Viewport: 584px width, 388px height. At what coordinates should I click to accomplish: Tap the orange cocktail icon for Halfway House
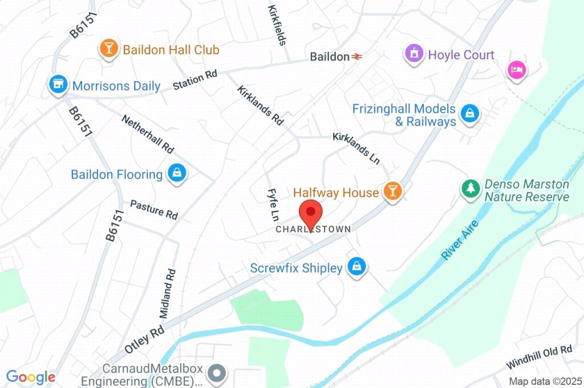392,191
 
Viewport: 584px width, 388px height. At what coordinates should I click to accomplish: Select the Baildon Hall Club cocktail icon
107,49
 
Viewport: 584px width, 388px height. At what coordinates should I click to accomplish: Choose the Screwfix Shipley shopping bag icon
356,266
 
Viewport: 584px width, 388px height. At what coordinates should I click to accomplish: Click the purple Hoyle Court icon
413,54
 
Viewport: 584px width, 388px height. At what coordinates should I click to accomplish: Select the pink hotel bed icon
517,70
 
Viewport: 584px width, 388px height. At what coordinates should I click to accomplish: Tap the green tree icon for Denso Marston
471,189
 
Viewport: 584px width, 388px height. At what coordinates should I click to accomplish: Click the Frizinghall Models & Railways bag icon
469,114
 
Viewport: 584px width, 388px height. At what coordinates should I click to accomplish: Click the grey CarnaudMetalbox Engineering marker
217,374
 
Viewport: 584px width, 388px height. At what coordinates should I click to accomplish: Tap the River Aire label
460,240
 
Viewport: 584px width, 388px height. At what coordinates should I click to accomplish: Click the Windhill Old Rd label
539,357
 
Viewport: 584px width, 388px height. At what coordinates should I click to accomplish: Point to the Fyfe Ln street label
273,205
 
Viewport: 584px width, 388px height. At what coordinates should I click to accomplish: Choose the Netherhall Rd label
147,134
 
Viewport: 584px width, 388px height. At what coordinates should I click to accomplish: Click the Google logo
30,377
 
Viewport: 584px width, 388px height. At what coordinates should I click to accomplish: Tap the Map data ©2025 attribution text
545,381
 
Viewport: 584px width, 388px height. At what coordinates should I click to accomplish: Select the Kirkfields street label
277,25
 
